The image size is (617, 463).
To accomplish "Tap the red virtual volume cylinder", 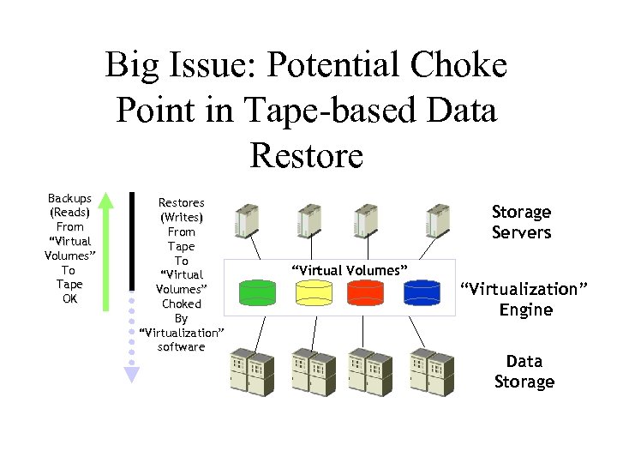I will click(x=366, y=292).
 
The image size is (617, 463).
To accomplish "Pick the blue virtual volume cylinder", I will click(x=422, y=292).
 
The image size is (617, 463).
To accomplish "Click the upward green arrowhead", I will click(x=106, y=202).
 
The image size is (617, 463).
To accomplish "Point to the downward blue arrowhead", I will click(x=131, y=374).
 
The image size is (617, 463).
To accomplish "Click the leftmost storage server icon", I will click(x=247, y=221).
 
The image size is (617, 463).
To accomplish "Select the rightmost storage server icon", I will click(x=439, y=221).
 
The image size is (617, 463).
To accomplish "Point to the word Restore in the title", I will click(x=307, y=156).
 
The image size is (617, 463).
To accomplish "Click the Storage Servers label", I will click(x=521, y=222).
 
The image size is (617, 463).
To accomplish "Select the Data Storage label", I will click(x=524, y=371).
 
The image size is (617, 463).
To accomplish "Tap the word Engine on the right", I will click(x=525, y=310).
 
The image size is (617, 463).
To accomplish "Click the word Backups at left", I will click(x=70, y=199).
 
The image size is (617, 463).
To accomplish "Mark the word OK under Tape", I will click(x=70, y=298).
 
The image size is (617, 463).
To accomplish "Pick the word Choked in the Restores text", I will click(x=181, y=304).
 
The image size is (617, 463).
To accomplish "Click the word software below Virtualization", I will click(x=181, y=346).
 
